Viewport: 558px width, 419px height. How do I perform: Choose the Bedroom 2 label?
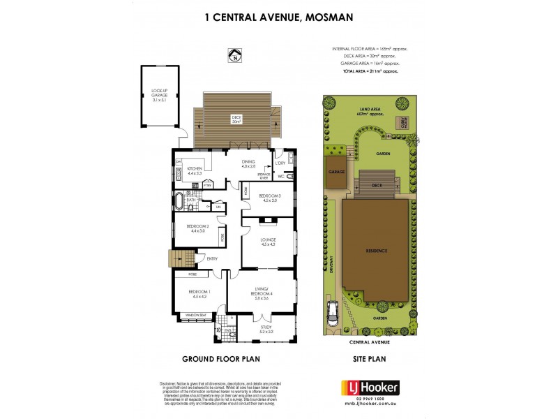(x=196, y=228)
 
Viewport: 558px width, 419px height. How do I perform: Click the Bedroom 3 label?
(x=269, y=198)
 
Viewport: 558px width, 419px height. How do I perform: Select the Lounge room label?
(x=269, y=242)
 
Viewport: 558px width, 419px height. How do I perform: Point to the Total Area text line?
(x=373, y=71)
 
